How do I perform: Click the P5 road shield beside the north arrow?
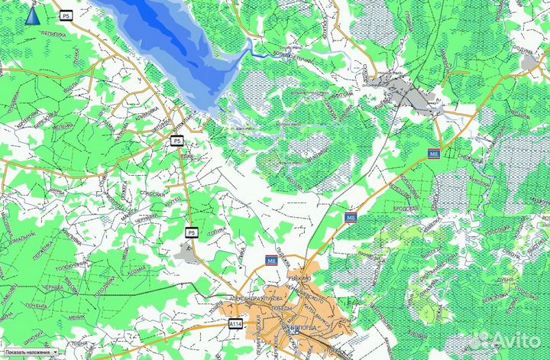[x=67, y=15]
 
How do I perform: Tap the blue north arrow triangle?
[x=32, y=16]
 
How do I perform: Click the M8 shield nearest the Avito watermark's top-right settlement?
[x=434, y=154]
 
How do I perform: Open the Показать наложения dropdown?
[x=30, y=352]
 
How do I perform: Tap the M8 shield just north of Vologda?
[x=271, y=261]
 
